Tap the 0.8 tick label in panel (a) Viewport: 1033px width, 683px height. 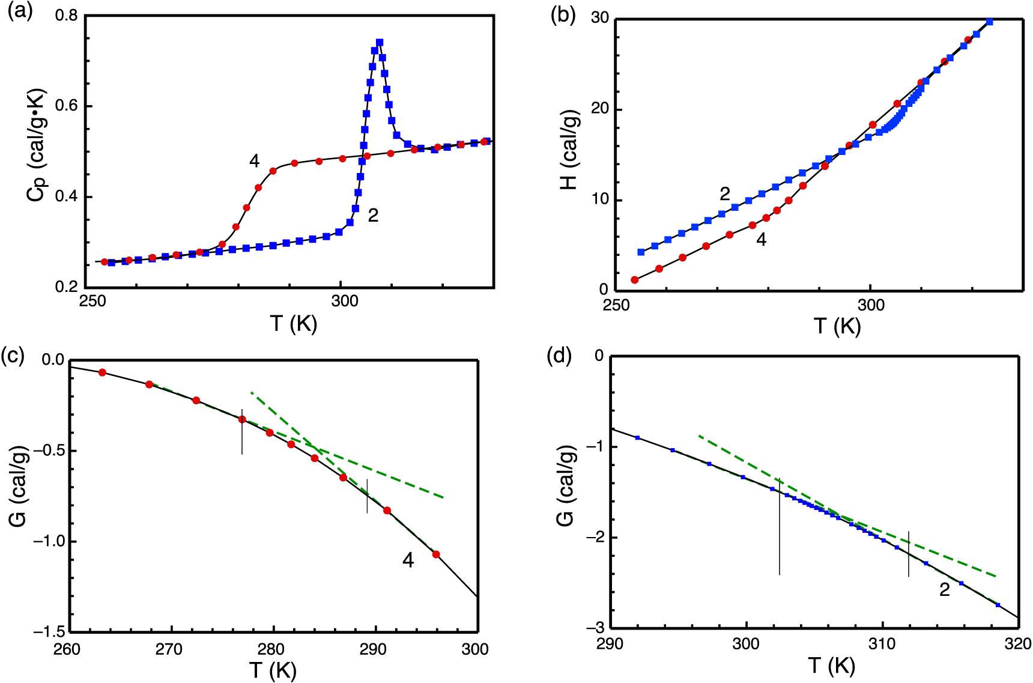66,15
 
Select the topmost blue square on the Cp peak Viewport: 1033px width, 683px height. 380,43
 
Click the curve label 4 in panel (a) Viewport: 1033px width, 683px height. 254,161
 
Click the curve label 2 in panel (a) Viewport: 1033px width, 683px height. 373,215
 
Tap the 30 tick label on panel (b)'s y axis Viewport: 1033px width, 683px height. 599,18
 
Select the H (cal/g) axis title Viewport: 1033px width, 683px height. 569,150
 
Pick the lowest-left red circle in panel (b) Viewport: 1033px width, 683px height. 635,280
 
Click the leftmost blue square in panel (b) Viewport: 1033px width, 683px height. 641,252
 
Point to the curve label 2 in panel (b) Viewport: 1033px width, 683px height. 725,193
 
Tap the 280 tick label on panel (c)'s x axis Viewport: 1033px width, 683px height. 274,649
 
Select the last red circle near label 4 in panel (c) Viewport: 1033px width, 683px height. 436,554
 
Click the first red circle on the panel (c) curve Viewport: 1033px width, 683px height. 102,372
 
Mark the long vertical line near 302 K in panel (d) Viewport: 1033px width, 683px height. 780,529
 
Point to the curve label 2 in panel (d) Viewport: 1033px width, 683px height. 945,590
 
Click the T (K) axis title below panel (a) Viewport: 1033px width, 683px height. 293,324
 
